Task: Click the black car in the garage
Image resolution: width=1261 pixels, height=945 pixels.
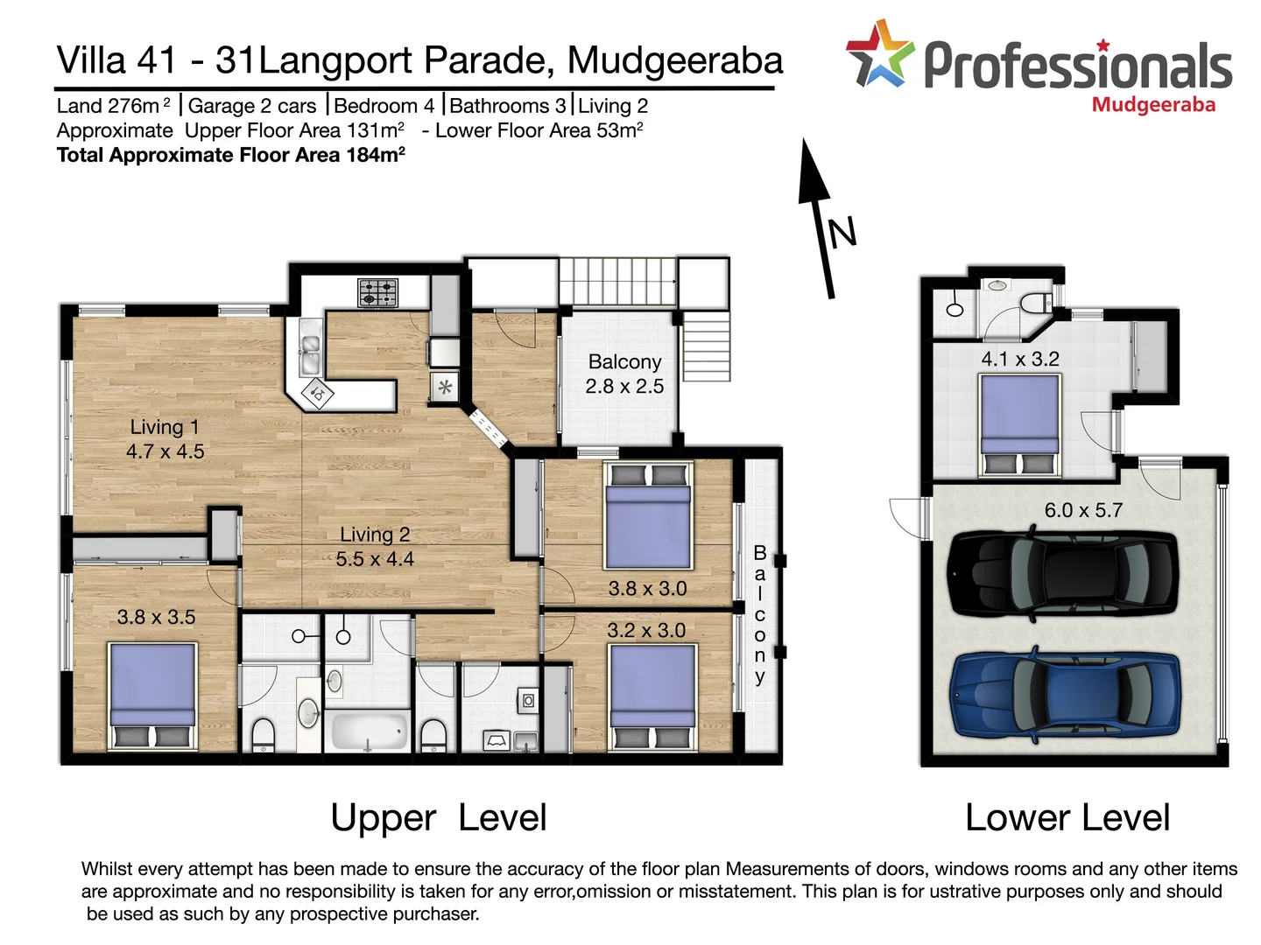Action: tap(1064, 575)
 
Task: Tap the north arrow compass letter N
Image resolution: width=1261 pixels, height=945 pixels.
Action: tap(842, 233)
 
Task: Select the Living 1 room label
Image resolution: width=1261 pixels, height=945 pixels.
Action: tap(165, 427)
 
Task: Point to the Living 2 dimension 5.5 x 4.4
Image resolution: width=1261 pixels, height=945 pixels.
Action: tap(375, 559)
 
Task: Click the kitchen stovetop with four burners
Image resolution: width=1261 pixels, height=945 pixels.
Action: tap(378, 292)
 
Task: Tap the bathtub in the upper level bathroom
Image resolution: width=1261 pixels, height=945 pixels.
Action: tap(369, 730)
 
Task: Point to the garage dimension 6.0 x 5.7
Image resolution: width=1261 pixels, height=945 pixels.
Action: tap(1083, 510)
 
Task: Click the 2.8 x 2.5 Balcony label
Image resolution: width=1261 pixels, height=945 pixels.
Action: tap(624, 374)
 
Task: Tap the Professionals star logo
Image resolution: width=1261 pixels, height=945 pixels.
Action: tap(879, 54)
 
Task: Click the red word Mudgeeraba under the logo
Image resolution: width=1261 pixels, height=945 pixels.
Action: tap(1153, 105)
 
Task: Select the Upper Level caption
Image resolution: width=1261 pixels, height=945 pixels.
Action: tap(438, 818)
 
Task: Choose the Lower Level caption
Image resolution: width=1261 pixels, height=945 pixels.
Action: tap(1067, 818)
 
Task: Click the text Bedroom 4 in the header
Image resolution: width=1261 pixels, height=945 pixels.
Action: tap(384, 106)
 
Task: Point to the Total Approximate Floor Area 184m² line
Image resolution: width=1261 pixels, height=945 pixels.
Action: tap(230, 156)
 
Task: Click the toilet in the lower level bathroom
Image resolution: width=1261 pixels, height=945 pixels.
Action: tap(1037, 304)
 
